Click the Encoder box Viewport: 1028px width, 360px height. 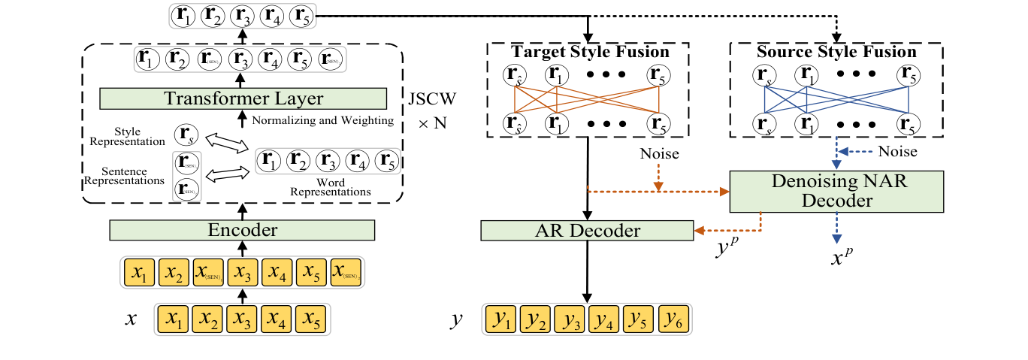point(242,231)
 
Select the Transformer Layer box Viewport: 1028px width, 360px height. point(243,98)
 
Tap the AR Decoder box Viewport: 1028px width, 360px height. point(586,231)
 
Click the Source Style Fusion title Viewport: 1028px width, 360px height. point(836,52)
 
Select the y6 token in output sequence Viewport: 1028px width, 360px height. point(672,319)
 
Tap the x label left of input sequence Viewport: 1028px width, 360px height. point(132,319)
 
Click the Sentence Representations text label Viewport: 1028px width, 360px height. point(125,175)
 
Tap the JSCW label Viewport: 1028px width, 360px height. point(431,98)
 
